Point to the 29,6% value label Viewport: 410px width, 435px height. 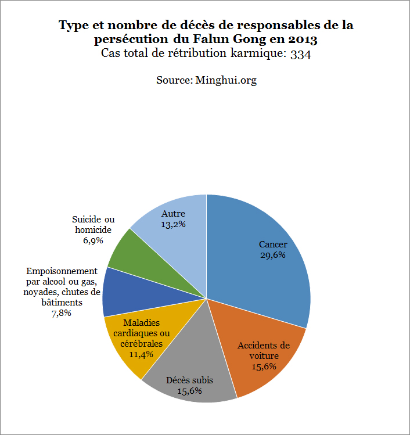tap(273, 255)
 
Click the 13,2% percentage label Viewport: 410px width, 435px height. tap(174, 224)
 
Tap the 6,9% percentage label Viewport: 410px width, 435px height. tap(93, 240)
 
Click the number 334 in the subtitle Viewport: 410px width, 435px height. tap(301, 54)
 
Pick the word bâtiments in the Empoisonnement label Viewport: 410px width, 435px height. tap(61, 303)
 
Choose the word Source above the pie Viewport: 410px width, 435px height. tap(172, 80)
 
